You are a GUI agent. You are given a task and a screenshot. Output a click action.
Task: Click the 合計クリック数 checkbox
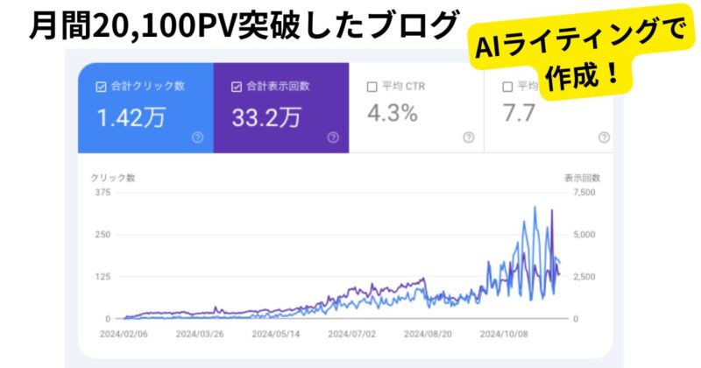coord(100,86)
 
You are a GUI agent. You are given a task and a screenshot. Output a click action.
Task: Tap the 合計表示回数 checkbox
coord(237,86)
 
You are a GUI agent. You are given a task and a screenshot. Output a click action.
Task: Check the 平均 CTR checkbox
coord(372,86)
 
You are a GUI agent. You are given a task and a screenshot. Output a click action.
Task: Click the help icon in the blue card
coord(197,137)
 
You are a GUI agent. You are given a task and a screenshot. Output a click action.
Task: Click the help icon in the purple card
coord(333,137)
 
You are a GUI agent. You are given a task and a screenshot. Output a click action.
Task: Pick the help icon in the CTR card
coord(469,137)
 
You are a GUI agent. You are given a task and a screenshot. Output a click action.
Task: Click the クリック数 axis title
coord(112,177)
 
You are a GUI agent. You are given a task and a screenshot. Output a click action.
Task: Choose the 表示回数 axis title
coord(581,177)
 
